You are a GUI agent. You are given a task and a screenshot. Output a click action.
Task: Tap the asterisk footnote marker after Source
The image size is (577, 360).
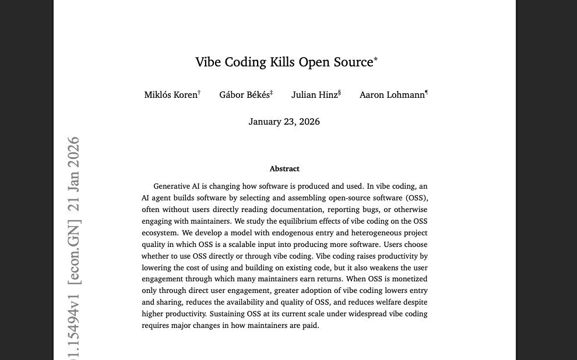(376, 59)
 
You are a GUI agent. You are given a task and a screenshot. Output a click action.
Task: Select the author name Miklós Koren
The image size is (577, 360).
(171, 95)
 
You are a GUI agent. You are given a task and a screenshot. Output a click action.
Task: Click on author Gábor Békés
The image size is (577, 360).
(244, 95)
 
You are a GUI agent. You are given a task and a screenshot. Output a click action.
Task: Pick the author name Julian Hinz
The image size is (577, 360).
(315, 95)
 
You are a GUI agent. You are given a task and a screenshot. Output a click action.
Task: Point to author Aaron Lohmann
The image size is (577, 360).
(392, 95)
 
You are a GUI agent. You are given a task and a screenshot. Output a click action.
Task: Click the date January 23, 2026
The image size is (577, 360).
(284, 122)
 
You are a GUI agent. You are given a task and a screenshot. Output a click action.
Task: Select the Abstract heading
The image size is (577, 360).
(284, 169)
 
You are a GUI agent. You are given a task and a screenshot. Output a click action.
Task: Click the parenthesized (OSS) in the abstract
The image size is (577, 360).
(417, 198)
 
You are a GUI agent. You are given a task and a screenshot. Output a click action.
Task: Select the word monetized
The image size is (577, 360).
(406, 279)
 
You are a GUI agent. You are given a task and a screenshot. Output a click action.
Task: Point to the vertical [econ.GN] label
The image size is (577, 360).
(74, 252)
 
